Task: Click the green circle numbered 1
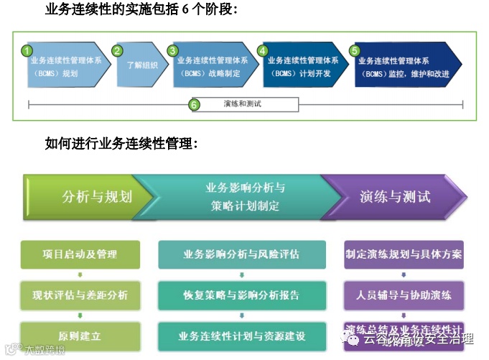[27, 51]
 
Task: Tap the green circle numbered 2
[118, 51]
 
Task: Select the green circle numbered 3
[172, 51]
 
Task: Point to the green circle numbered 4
[263, 51]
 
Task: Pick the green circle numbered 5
[354, 51]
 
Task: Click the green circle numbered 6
[194, 105]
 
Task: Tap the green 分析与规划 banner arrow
[90, 196]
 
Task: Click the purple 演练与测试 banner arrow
[395, 196]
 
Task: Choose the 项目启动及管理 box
[80, 254]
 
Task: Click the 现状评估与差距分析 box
[80, 295]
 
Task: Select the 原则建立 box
[80, 336]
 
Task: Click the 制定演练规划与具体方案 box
[403, 254]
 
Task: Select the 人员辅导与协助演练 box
[403, 295]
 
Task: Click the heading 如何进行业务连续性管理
[121, 144]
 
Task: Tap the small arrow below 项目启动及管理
[80, 274]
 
